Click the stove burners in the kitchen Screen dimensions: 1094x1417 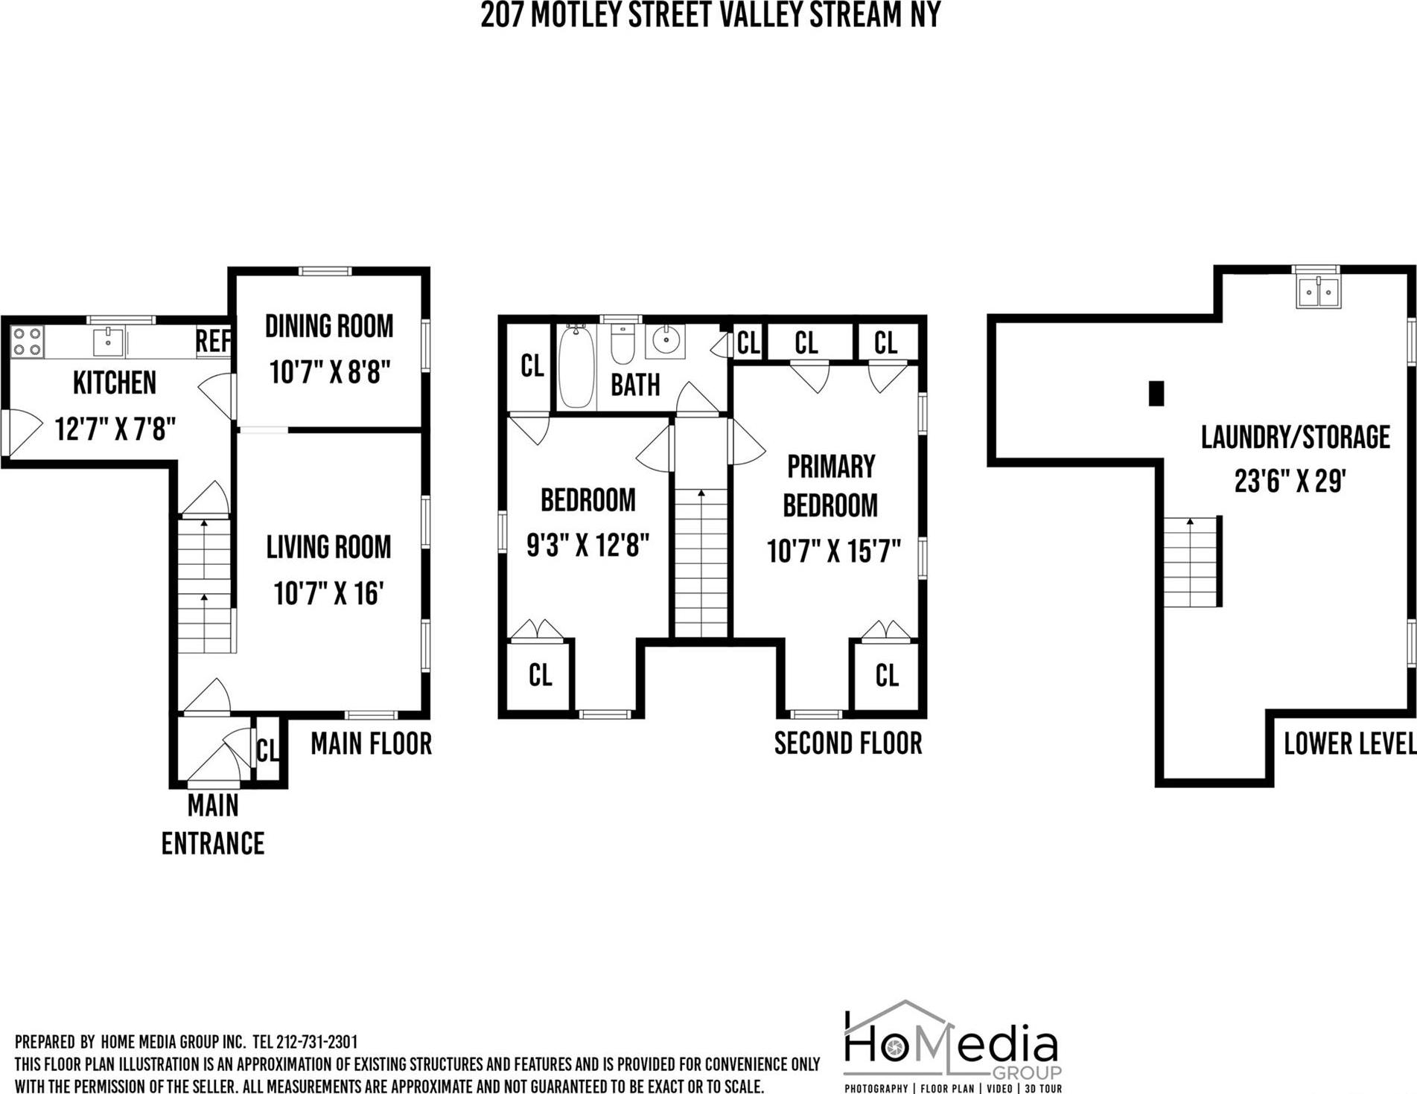27,342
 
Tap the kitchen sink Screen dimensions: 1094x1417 108,342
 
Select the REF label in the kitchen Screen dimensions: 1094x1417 213,342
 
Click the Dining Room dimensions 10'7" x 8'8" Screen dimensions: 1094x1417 330,371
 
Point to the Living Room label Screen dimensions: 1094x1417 328,547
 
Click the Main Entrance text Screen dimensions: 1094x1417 213,825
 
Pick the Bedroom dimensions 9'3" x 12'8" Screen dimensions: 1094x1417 588,546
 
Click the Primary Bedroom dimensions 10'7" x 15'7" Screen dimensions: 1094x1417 833,551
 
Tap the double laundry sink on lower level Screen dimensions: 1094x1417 1318,292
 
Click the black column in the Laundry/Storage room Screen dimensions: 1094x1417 1156,393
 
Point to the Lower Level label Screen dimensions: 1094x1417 1348,743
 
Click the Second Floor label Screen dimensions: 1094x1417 847,743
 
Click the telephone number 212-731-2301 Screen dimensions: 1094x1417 316,1042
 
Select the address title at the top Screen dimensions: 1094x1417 710,15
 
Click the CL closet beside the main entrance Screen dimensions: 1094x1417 267,750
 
